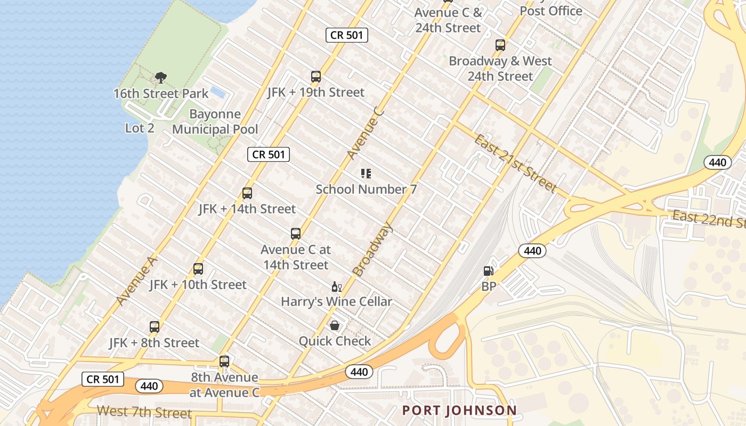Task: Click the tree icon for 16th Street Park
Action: (x=160, y=78)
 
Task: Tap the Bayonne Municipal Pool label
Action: (x=215, y=122)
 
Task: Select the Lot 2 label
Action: (x=140, y=128)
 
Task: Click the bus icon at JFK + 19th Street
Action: (x=316, y=77)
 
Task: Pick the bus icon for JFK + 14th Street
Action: (x=247, y=193)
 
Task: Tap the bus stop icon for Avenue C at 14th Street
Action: (x=296, y=234)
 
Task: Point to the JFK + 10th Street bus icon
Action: (x=198, y=269)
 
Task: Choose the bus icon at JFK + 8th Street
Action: (x=155, y=327)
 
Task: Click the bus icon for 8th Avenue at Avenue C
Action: (x=224, y=362)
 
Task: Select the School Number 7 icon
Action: (x=366, y=174)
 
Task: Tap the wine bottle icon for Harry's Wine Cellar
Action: (x=336, y=287)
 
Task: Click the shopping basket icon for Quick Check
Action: (x=335, y=325)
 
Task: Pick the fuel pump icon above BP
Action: (x=488, y=271)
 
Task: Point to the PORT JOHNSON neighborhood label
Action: (x=459, y=411)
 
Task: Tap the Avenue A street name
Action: (x=136, y=280)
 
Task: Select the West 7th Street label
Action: (x=144, y=412)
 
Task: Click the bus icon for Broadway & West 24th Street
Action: (x=500, y=45)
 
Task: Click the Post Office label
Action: (x=551, y=11)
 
